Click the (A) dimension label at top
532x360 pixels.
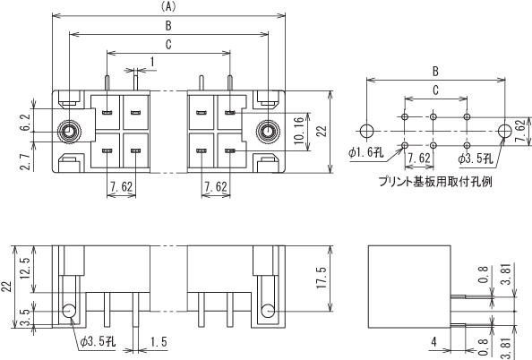point(168,7)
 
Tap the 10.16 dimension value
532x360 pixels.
point(299,131)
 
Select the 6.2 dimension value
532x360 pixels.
point(27,124)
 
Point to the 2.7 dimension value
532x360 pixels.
point(27,161)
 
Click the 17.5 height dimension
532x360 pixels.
point(322,278)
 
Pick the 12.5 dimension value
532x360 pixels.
point(26,268)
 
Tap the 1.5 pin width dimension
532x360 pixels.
point(159,342)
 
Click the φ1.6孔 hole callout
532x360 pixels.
point(365,152)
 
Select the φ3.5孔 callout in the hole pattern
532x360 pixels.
point(475,159)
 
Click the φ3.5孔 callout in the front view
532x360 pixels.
point(98,341)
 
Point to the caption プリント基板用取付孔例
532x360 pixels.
point(435,182)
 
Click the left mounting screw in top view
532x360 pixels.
point(69,132)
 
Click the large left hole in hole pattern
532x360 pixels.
point(367,131)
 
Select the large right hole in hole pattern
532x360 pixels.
point(505,131)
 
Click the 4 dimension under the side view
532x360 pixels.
point(434,342)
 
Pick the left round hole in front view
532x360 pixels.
point(69,311)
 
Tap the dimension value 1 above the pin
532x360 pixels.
point(152,62)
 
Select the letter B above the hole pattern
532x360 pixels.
point(435,72)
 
